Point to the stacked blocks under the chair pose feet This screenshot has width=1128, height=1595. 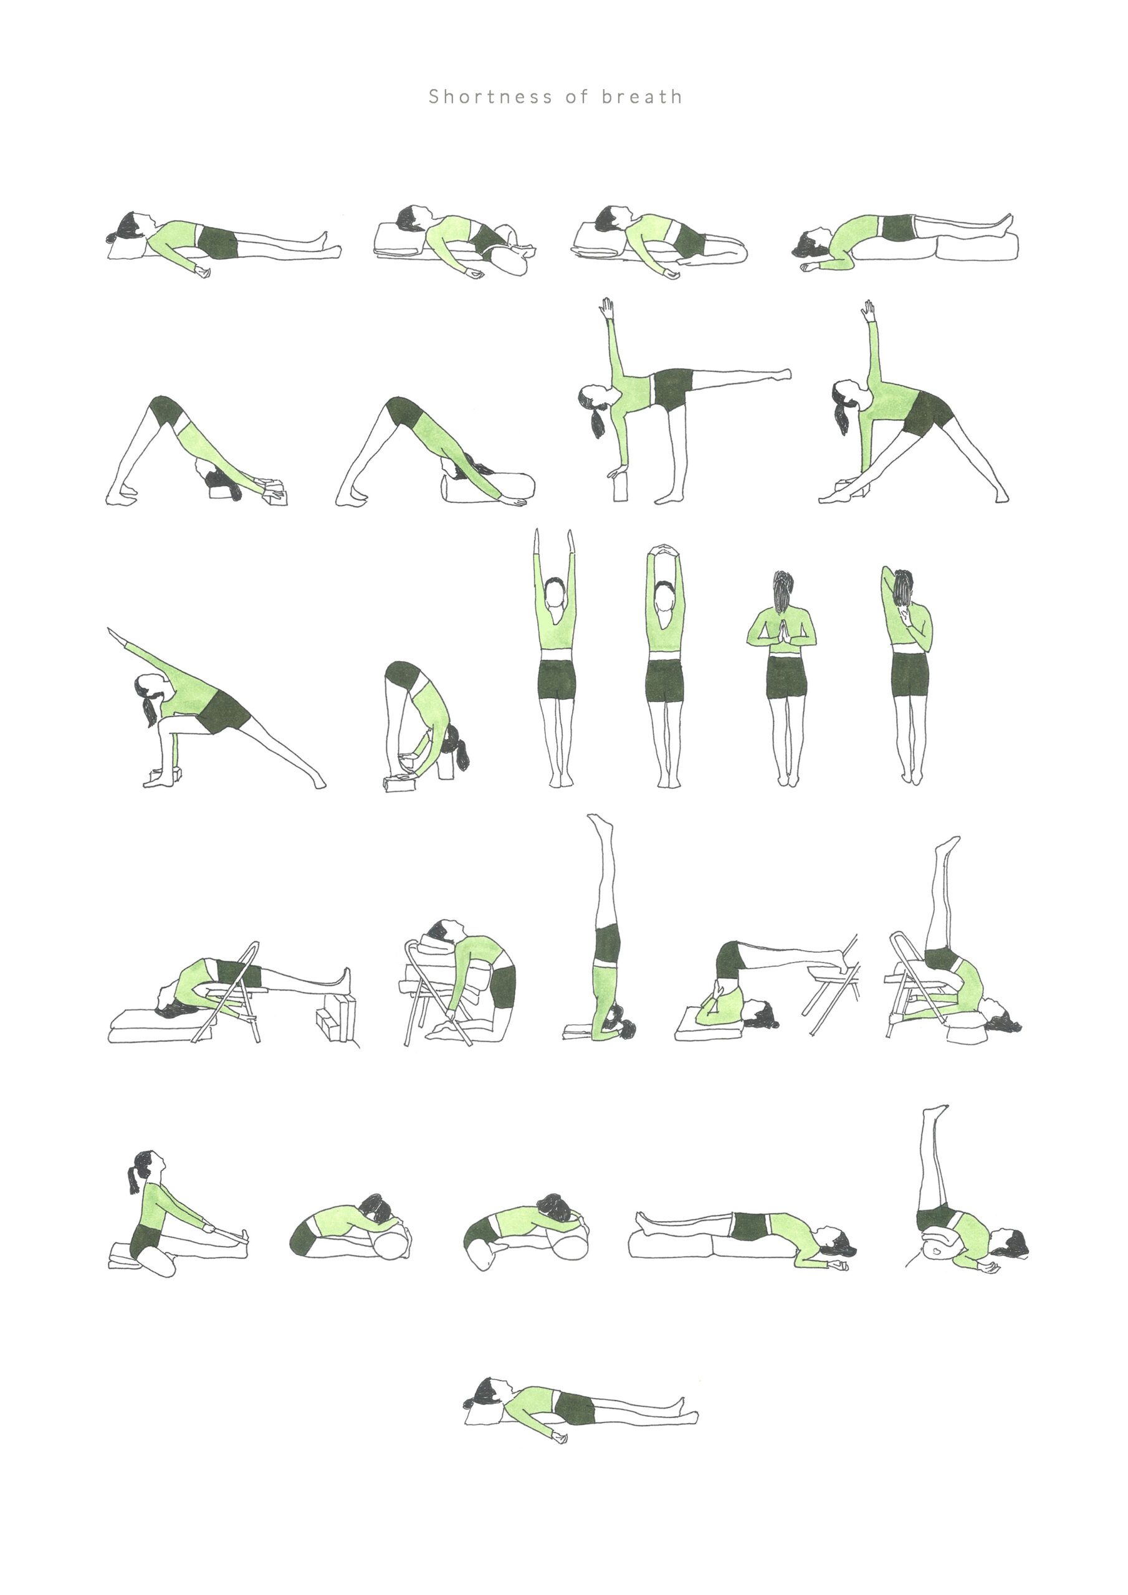click(x=337, y=1019)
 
